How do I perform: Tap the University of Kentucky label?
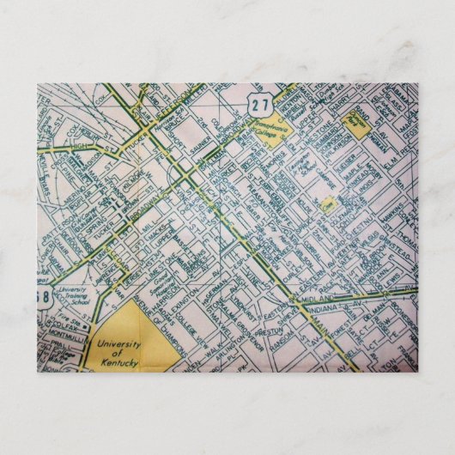pos(118,352)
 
